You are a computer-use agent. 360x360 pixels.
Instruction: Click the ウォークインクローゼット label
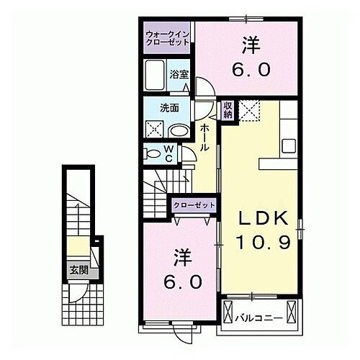(166, 37)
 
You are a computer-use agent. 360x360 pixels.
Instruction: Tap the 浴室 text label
(178, 74)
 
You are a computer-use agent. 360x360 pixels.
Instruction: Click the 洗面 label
(170, 109)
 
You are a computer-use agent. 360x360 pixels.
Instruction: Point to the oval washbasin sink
(177, 130)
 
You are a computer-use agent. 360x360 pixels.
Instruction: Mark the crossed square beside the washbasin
(154, 130)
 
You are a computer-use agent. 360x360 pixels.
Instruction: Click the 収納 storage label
(228, 109)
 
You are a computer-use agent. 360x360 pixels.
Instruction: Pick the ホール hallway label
(204, 136)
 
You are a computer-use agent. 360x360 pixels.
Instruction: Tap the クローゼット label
(194, 206)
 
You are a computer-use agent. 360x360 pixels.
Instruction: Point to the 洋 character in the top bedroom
(250, 45)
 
